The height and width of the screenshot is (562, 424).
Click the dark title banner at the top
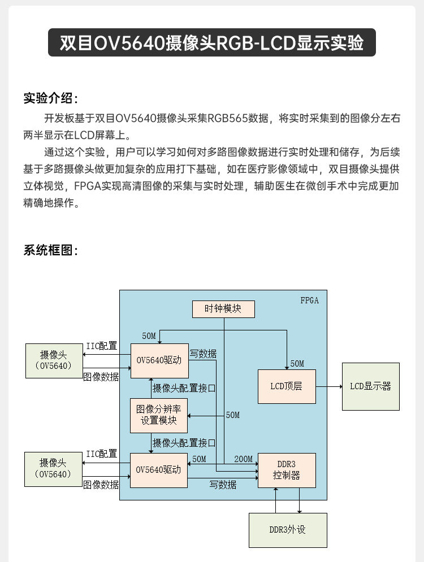tap(211, 43)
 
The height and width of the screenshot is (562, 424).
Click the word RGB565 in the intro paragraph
tap(228, 119)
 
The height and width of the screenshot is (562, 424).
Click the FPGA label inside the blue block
tap(309, 300)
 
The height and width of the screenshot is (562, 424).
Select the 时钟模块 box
tap(223, 309)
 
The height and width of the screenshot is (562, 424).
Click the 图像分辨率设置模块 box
tap(159, 415)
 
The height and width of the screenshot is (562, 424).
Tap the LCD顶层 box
tap(287, 386)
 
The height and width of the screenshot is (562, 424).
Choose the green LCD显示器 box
tap(370, 386)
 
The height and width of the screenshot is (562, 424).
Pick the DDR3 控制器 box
tap(287, 470)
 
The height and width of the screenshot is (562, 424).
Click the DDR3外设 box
tap(288, 530)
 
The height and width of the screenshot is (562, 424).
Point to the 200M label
tap(243, 459)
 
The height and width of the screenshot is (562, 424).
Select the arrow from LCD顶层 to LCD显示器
tap(328, 386)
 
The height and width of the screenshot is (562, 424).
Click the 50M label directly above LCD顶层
tap(297, 363)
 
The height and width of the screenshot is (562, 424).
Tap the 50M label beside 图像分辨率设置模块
tap(232, 415)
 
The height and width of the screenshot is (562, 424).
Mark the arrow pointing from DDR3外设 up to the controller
tap(275, 500)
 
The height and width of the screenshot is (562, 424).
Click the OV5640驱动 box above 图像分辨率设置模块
tap(159, 360)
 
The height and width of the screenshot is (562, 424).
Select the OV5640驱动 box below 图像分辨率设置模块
tap(159, 470)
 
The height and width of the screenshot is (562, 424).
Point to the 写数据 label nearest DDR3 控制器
tap(223, 485)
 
